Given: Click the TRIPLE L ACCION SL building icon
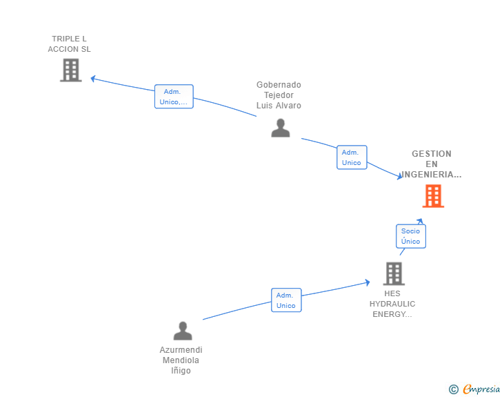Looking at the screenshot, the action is coord(71,70).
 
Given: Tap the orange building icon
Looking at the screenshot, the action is coord(433,196).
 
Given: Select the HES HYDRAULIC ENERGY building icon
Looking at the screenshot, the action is coord(394,274).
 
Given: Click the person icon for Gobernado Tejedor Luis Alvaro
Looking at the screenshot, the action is coord(281,128).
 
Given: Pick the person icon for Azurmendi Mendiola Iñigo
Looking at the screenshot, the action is coord(183,331).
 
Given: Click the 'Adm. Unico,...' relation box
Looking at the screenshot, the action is coord(174,97).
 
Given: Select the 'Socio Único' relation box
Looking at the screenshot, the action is coord(411,236).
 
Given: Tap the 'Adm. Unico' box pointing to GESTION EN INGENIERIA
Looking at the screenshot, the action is coord(352,157).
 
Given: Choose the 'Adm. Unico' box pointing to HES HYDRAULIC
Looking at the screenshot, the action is coord(286,300).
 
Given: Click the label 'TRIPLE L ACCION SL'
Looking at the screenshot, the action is coord(69,44).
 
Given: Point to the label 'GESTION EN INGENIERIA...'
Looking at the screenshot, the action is coord(431,164).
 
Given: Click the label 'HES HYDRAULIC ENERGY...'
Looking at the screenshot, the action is coord(392,304).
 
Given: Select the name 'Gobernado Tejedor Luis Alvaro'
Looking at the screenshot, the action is coord(279,95).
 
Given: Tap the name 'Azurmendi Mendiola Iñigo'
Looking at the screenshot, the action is coord(181,360).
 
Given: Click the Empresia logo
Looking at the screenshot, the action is coord(481,389).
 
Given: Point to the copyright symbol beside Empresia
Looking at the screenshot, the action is coord(453,389).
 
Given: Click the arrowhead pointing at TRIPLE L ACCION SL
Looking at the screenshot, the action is coord(93,79).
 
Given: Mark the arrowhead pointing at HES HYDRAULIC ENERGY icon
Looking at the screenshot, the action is coord(368,282).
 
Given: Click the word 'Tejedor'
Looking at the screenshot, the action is coord(279,95).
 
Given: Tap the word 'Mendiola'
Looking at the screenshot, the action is coord(181,360).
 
